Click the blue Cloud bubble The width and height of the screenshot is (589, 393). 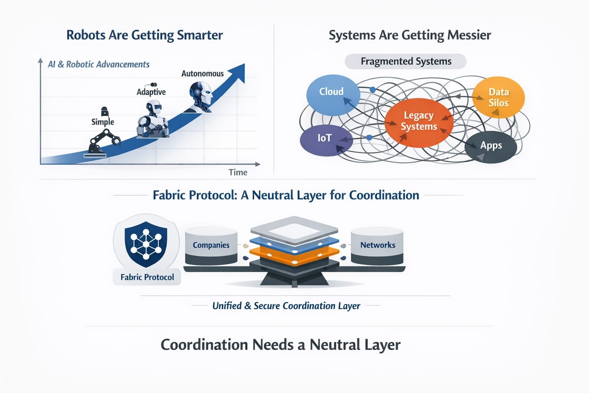coord(332,94)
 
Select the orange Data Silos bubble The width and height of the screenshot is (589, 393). coord(498,97)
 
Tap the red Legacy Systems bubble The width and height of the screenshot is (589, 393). coord(419,122)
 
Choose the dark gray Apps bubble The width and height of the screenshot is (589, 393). coord(491,146)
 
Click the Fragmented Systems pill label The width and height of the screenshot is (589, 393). coord(406,61)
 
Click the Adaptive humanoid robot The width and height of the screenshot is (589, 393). coord(153,119)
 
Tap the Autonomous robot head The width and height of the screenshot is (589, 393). coord(201,96)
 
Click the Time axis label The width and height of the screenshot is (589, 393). coord(238,172)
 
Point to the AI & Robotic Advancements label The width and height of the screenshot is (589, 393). coord(99,64)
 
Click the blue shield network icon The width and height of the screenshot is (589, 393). coord(146,244)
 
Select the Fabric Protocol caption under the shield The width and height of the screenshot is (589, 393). coord(147,277)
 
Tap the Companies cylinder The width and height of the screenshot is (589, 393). coord(211,246)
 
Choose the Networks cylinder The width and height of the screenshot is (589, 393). coord(377,246)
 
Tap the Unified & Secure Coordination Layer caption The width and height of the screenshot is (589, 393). coord(286,306)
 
